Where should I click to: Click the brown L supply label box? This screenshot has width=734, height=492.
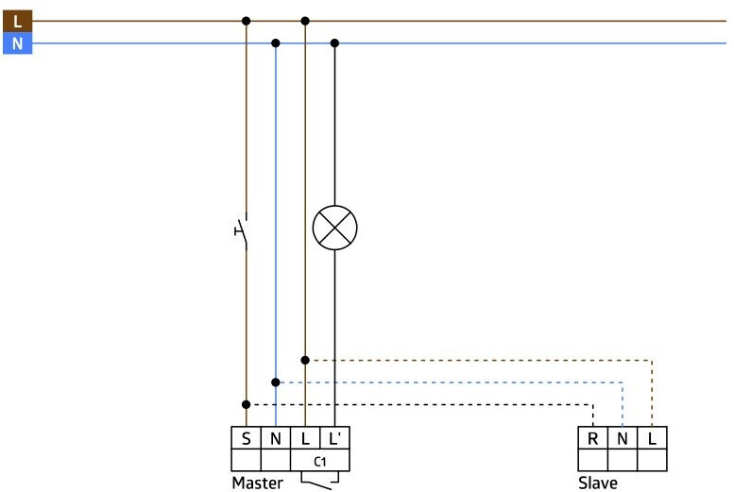coord(17,20)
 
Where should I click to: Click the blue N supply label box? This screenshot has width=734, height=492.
coord(17,43)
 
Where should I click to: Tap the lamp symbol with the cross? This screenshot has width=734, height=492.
coord(334,228)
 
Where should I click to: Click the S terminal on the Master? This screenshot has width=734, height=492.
coord(246,439)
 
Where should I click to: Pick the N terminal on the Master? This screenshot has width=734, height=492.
coord(275,439)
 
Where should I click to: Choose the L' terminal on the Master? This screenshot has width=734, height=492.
coord(335,439)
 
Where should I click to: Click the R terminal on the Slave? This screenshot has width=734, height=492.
coord(591,439)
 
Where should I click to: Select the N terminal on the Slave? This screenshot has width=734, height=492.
coord(622,439)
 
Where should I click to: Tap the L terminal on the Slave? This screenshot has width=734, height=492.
coord(652,439)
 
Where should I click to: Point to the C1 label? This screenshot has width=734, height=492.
coord(320,462)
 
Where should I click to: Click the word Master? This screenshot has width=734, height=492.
coord(257,483)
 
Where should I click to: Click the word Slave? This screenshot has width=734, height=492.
coord(598,483)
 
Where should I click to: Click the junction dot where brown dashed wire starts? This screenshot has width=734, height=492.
coord(305,360)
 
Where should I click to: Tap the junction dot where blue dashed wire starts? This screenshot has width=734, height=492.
coord(275,382)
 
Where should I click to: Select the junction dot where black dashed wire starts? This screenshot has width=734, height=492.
coord(246,404)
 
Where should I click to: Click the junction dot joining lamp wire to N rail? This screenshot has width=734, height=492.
coord(334,42)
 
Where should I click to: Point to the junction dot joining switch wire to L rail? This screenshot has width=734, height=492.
coord(246,20)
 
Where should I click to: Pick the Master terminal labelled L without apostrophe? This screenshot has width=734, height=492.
coord(305,439)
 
